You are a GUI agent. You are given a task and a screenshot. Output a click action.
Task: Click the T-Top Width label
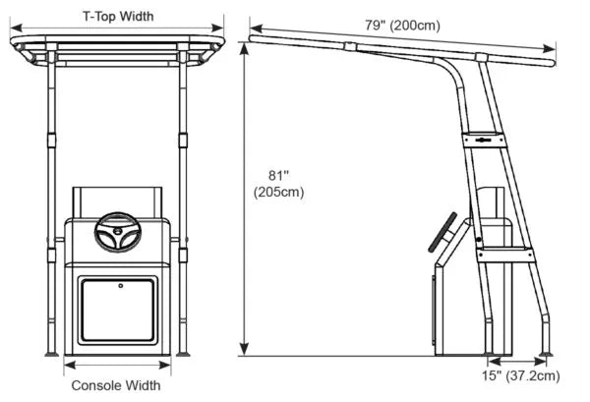(x=118, y=15)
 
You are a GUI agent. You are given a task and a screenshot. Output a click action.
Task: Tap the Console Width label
(x=116, y=385)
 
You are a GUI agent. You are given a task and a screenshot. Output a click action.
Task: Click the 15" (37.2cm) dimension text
(x=521, y=374)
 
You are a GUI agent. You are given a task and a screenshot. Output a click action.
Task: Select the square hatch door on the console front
(x=118, y=311)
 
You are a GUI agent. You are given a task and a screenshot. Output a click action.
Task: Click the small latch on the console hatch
(x=119, y=286)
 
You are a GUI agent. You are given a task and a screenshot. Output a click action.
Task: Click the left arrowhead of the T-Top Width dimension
(x=14, y=28)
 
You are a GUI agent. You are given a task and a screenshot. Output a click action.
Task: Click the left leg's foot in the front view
(x=50, y=353)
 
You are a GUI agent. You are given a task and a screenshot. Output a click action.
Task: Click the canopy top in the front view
(x=118, y=43)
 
